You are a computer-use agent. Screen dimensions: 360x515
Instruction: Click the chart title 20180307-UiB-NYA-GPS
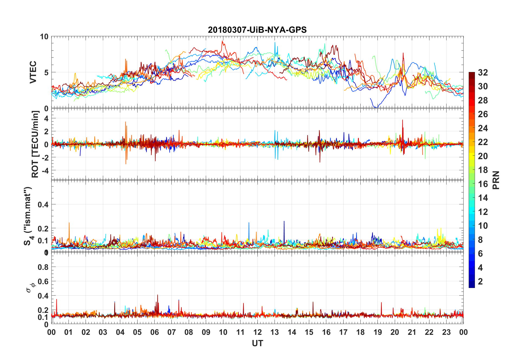[257, 30]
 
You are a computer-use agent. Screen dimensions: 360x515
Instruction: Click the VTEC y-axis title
[33, 72]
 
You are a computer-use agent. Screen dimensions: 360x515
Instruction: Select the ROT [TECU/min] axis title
[35, 144]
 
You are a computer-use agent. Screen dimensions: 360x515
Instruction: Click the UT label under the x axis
[257, 343]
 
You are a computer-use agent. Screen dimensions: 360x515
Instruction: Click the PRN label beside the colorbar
[496, 180]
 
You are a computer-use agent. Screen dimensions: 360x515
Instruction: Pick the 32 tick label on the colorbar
[483, 73]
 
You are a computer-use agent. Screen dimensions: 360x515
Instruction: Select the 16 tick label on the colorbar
[483, 184]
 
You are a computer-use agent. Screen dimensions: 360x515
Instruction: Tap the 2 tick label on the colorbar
[480, 282]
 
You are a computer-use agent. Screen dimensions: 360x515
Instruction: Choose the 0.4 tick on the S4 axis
[43, 205]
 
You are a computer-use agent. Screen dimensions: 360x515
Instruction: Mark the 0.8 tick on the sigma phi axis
[43, 267]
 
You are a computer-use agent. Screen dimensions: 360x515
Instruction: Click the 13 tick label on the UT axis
[275, 332]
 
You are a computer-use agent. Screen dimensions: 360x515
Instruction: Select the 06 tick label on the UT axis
[154, 332]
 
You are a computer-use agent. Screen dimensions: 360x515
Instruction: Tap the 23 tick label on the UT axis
[446, 332]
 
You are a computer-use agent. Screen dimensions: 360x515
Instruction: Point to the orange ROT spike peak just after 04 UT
[125, 122]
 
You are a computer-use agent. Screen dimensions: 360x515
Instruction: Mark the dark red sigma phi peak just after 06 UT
[158, 295]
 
